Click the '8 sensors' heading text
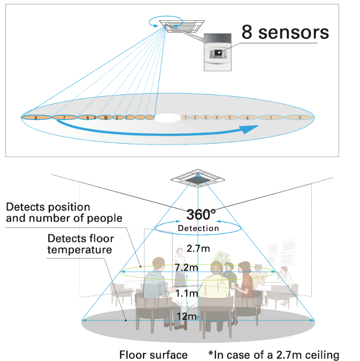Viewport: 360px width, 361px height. (x=285, y=32)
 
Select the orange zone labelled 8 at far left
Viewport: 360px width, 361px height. (x=36, y=118)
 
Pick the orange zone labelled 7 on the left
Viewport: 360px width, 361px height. (x=64, y=118)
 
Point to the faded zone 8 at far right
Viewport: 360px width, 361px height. (x=300, y=118)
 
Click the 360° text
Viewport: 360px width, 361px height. (x=201, y=214)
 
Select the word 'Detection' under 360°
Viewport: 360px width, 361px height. (x=198, y=228)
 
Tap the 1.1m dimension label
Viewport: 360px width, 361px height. (x=187, y=293)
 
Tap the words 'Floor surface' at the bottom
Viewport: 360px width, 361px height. (x=154, y=355)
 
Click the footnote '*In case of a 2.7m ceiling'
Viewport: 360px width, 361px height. (x=274, y=355)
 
